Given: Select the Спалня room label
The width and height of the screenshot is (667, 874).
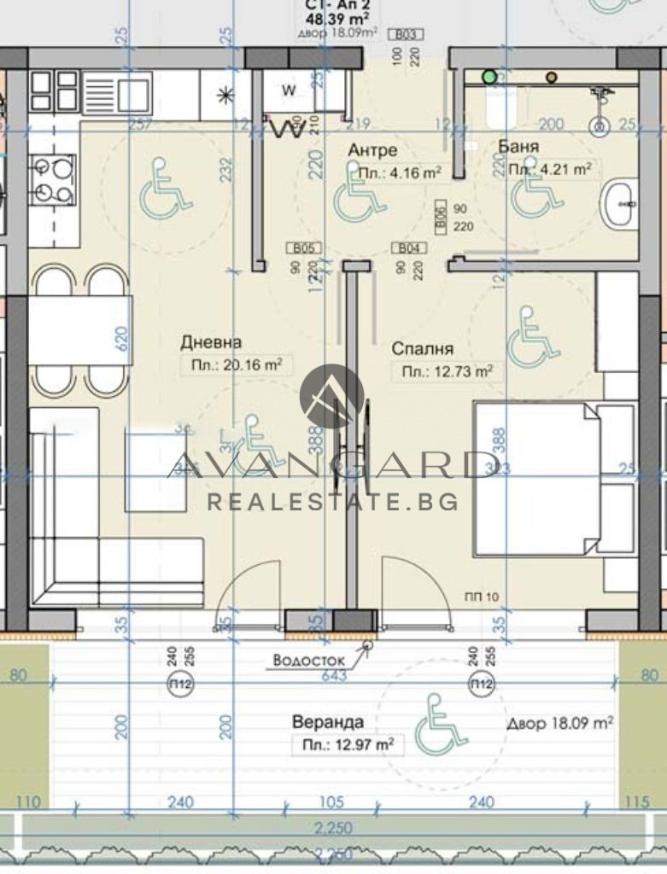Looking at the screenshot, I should (422, 348).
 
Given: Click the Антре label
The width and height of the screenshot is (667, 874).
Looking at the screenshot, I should (372, 150).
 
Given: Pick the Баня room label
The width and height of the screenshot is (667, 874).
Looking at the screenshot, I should (518, 147).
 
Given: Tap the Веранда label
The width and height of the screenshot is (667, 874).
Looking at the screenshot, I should (327, 722).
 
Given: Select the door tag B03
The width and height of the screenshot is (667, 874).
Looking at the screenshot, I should (407, 35).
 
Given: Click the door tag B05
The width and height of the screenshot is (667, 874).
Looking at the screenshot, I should (306, 248).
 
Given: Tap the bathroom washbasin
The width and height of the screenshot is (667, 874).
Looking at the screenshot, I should (622, 203).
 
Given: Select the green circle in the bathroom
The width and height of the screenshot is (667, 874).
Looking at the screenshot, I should (489, 77).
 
